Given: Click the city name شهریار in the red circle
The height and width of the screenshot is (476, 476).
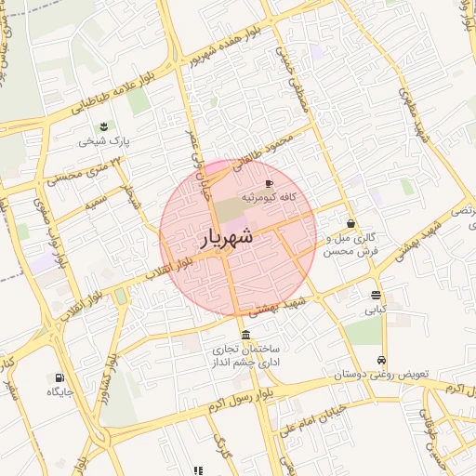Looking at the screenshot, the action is [227, 237].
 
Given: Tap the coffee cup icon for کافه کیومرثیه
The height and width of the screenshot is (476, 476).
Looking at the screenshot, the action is [270, 184].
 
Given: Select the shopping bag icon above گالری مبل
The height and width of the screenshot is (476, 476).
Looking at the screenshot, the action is [350, 223].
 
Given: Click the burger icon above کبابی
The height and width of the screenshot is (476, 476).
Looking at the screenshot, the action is [376, 295].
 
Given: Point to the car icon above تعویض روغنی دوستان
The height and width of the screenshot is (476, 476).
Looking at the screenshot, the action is [381, 361].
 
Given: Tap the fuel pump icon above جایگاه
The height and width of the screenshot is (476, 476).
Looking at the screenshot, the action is [60, 378].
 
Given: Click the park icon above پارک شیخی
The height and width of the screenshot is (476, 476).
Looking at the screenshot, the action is [102, 126].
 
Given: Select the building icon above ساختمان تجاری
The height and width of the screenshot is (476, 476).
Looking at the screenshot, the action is [245, 335].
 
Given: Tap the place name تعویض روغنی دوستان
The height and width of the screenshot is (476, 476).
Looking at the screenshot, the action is [381, 376].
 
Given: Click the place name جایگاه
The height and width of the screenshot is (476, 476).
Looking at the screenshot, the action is [60, 392].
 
